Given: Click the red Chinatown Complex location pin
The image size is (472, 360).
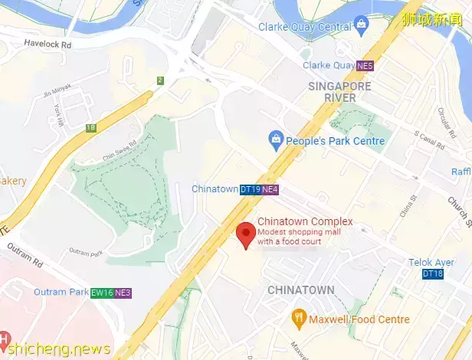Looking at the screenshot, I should point(246,234).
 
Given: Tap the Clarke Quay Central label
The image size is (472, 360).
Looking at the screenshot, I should point(304,27).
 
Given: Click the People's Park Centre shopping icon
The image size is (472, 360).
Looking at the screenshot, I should point(274,141).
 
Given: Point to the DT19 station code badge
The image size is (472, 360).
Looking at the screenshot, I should point(250,189).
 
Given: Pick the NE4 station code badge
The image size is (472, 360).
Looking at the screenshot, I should point(270,189).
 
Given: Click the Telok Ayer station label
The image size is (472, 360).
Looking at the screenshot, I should point(431,263).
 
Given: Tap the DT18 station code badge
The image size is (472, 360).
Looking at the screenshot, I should point(432,273).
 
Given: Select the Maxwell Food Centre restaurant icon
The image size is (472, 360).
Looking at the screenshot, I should point(299,318).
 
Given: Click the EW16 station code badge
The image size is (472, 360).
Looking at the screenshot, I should point(101,293).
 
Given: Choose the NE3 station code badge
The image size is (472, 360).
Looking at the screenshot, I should point(123,293).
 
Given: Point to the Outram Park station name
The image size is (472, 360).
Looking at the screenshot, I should point(61,293).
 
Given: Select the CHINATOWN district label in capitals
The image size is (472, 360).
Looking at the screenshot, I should point(300,290).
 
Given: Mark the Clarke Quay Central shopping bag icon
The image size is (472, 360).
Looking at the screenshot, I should point(361,27).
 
